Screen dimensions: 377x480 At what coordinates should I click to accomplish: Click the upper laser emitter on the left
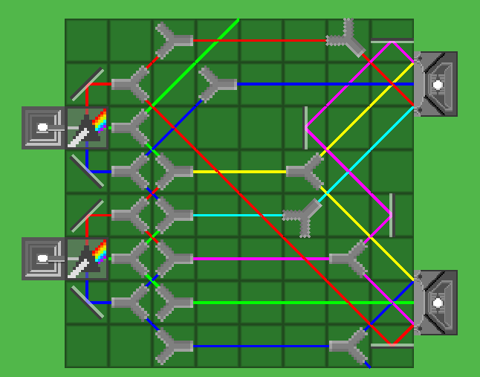click(43, 128)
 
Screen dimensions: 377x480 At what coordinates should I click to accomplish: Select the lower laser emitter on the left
click(43, 259)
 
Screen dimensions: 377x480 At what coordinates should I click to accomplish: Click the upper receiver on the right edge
click(438, 84)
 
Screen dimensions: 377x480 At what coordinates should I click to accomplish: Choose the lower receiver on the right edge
click(438, 303)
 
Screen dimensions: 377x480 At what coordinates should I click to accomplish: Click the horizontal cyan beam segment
click(238, 216)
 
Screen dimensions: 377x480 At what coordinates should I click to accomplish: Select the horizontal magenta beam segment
click(260, 259)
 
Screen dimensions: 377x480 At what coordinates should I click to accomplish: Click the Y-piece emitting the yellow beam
click(174, 172)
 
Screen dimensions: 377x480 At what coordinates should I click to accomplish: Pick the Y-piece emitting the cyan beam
click(174, 216)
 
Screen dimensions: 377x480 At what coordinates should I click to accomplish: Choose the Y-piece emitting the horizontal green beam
click(174, 303)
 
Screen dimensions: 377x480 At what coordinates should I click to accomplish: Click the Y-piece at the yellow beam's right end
click(305, 172)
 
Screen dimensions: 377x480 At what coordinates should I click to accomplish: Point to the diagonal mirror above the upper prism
click(88, 84)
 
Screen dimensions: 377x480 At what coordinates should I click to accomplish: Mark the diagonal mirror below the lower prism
click(88, 303)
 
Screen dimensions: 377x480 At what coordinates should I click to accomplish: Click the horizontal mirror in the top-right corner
click(392, 42)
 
